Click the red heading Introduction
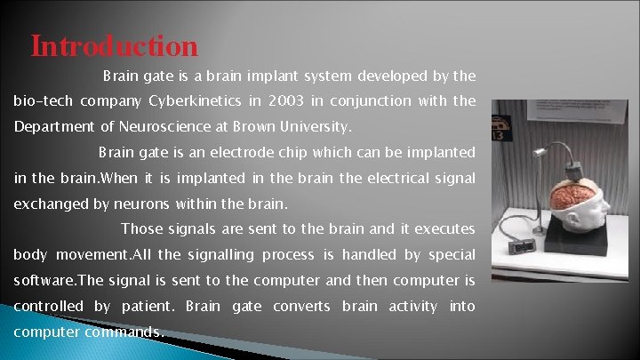114,45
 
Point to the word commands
124,332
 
